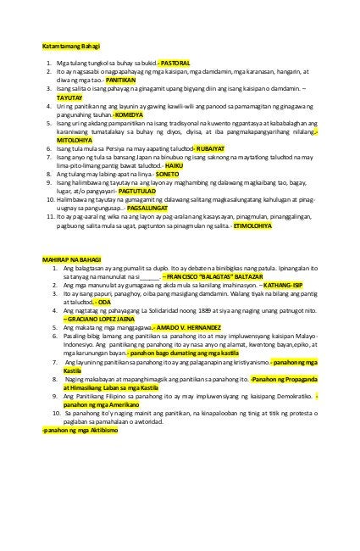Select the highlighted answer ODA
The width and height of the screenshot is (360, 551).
click(x=102, y=303)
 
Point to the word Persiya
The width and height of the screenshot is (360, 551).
click(x=125, y=148)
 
